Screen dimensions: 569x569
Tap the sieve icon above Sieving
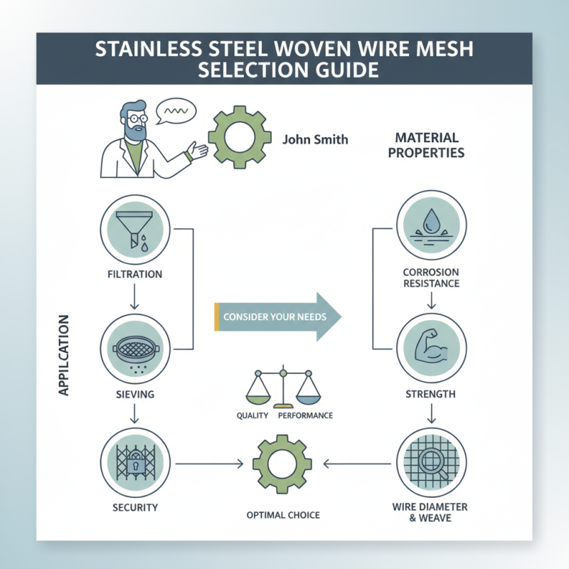[x=133, y=349]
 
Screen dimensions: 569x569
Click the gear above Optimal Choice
[x=282, y=464]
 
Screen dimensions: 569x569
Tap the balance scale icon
[x=282, y=388]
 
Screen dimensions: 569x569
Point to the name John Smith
[x=315, y=139]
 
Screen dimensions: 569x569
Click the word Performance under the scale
[x=306, y=415]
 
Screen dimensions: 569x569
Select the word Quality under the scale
[x=252, y=415]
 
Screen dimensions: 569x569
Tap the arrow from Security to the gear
[x=210, y=464]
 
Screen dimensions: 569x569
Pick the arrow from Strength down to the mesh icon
[x=431, y=413]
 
